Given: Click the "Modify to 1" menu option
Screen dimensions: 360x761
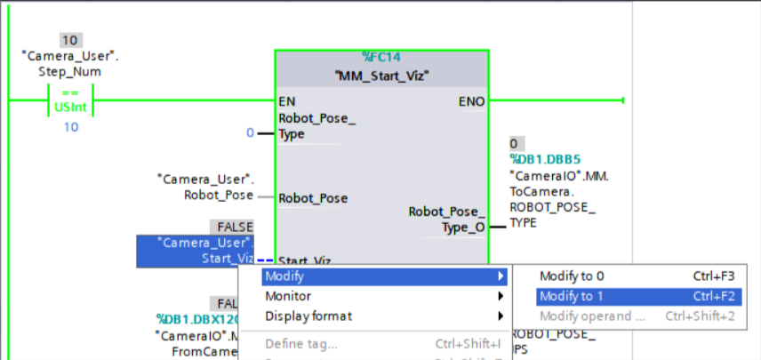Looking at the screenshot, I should (572, 296).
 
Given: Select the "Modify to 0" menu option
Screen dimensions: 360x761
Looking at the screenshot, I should (572, 276).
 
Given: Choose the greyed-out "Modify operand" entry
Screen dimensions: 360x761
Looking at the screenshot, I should (592, 316).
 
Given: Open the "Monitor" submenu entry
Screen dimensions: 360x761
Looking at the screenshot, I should (288, 296).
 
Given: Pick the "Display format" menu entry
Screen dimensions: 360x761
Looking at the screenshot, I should (308, 316).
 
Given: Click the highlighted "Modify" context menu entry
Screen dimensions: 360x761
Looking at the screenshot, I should (284, 276).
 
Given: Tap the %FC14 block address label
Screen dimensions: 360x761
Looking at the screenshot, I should (381, 56).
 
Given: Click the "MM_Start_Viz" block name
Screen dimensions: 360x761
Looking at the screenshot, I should (381, 76).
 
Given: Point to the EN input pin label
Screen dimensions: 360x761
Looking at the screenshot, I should (287, 101).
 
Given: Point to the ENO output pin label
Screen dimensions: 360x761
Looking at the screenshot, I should (471, 101).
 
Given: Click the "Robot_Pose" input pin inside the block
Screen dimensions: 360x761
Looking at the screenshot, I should (313, 198).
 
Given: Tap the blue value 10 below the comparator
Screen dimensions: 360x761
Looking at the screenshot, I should (70, 127).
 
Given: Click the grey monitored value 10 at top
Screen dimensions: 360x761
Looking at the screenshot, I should (70, 40).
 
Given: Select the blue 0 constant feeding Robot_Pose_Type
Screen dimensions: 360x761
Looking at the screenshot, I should (250, 133).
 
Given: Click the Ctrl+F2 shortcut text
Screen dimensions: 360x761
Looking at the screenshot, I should (713, 296).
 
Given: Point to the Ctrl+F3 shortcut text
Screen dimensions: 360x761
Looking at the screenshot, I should (713, 276).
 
